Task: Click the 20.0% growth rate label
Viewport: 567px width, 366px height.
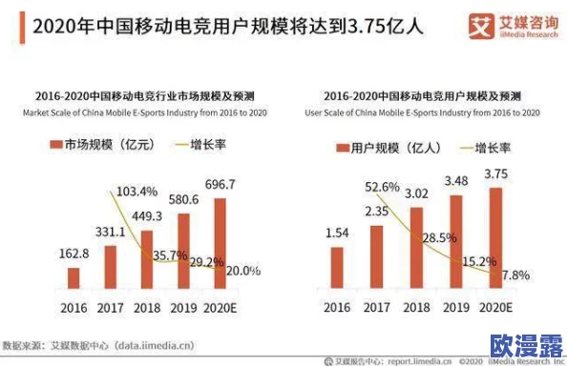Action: (x=241, y=271)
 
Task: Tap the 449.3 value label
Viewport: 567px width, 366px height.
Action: (x=146, y=216)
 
